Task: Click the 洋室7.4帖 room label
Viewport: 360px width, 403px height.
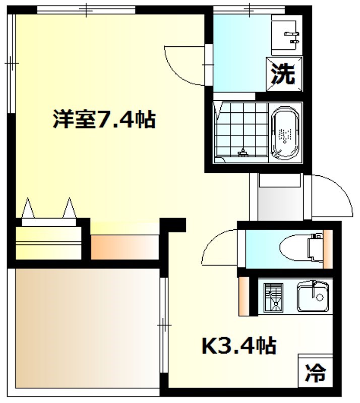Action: click(x=104, y=119)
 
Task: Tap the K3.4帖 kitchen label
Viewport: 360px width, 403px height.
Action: click(x=239, y=346)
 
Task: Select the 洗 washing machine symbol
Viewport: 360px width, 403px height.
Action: click(x=284, y=74)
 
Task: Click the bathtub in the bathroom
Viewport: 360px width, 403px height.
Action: click(x=285, y=133)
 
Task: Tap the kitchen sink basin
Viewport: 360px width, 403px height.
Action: click(x=313, y=297)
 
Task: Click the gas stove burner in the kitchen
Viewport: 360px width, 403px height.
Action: click(x=274, y=298)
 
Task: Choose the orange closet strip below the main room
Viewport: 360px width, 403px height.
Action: click(x=125, y=247)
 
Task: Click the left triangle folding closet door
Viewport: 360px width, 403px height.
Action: click(x=28, y=208)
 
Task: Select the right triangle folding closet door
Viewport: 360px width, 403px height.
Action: click(x=70, y=208)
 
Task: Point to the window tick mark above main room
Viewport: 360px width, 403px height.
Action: click(x=86, y=10)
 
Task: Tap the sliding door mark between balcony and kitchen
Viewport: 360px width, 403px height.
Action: click(x=164, y=326)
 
